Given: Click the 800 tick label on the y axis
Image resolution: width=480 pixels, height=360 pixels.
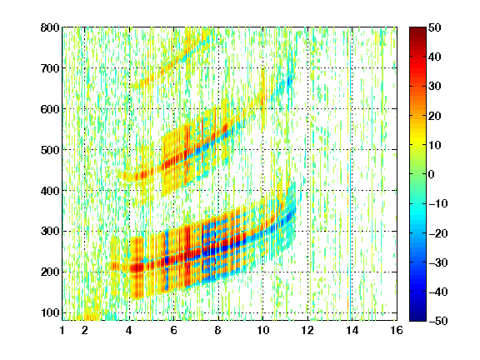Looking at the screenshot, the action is (50, 27).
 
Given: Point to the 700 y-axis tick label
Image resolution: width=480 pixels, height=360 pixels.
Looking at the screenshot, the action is (50, 68).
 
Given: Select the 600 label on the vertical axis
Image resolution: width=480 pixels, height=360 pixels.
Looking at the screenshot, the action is (50, 109).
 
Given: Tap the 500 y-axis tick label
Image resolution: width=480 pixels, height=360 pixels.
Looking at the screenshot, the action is (50, 150).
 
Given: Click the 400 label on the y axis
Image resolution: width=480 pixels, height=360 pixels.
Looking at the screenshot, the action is (50, 191).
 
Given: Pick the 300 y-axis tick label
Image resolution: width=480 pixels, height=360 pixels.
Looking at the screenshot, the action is (50, 231).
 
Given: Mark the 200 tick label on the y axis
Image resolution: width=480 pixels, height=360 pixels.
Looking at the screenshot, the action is (50, 272).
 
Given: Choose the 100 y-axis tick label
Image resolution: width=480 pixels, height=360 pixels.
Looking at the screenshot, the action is (50, 312).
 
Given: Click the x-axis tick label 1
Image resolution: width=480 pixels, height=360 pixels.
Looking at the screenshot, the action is (62, 330).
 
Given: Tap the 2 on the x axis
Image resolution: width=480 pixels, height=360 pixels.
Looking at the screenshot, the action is (85, 330).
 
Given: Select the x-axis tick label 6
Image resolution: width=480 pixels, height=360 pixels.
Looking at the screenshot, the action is (173, 330).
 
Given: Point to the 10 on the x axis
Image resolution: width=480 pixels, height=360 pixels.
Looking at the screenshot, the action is (262, 330).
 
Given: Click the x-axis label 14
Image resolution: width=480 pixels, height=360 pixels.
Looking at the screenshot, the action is (352, 330).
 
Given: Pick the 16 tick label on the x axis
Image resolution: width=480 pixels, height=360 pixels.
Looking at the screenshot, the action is (397, 330).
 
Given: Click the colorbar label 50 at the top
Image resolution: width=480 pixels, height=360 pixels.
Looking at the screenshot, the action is (434, 27).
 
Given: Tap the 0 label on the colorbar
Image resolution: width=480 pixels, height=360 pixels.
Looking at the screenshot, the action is (432, 174).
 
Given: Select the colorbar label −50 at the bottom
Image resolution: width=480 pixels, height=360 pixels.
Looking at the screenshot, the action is (437, 321).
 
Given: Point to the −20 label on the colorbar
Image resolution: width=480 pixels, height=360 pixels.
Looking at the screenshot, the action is (437, 233).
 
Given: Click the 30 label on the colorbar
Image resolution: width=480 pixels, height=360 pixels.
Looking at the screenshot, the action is (434, 87).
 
